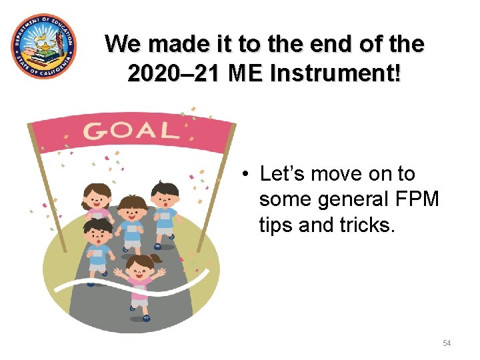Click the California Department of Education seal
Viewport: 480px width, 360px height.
pos(44,46)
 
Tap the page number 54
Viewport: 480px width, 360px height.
pos(447,343)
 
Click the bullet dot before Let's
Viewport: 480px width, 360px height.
pos(246,175)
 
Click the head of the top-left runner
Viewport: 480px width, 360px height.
pos(96,195)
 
